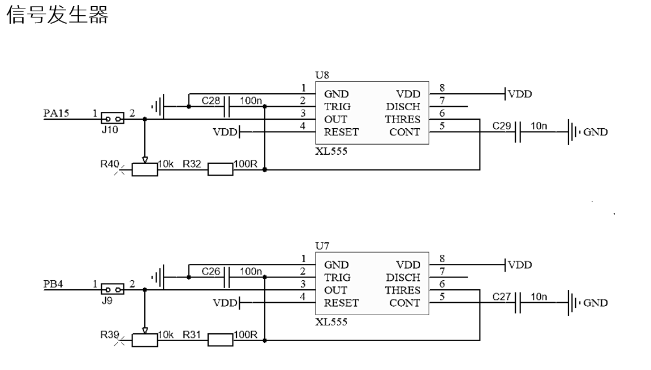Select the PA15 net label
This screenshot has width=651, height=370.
coord(56,114)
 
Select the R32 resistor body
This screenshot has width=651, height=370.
coord(221,169)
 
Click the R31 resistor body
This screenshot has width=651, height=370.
coord(221,339)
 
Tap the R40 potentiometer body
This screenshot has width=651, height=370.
coord(145,169)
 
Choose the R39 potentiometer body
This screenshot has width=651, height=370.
coord(145,339)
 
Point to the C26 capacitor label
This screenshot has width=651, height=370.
coord(210,272)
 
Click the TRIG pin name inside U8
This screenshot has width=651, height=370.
coord(337,107)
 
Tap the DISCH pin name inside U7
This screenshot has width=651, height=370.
coord(403,277)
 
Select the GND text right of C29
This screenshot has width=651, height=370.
coord(596,132)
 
